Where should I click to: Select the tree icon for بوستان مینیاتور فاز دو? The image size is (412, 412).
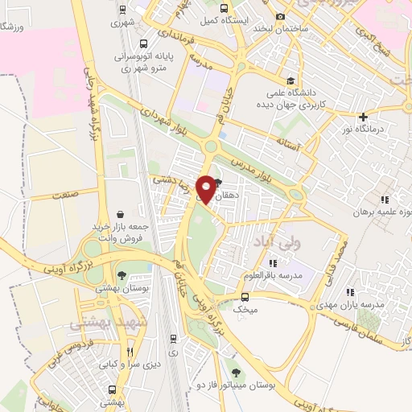[x=236, y=373]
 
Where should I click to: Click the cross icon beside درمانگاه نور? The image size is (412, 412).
[x=365, y=117]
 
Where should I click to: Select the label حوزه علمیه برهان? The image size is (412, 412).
[x=381, y=213]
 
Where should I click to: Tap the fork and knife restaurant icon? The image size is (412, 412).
[x=130, y=352]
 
